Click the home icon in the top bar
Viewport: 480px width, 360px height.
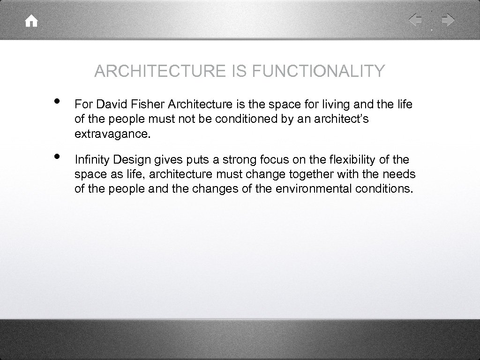32,21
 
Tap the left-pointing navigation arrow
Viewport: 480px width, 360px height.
415,20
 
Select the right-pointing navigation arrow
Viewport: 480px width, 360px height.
448,20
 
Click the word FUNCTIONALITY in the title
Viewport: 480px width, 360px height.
319,71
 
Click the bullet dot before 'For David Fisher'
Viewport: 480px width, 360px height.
57,102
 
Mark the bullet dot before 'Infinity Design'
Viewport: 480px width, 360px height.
57,157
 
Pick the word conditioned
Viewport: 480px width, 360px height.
247,119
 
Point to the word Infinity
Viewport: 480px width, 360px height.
90,159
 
